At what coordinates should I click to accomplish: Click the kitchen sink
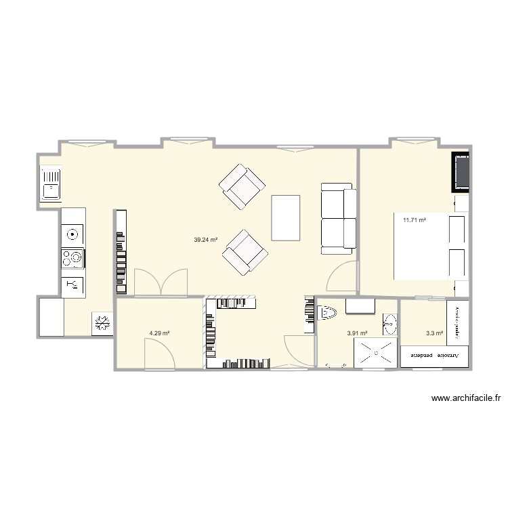click(x=51, y=184)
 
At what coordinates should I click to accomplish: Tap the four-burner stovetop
click(x=73, y=258)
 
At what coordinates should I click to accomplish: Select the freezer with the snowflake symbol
click(x=103, y=323)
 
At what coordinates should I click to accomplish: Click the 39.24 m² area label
click(x=205, y=239)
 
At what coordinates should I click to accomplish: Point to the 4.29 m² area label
click(x=159, y=333)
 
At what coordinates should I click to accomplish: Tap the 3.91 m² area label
click(x=357, y=333)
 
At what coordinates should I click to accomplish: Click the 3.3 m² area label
click(x=434, y=333)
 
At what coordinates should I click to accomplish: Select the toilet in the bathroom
click(x=327, y=314)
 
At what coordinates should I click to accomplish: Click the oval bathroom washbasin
click(x=389, y=324)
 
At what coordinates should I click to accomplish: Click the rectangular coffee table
click(x=285, y=217)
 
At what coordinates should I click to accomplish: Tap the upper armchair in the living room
click(x=241, y=185)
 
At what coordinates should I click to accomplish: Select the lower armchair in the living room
click(x=245, y=251)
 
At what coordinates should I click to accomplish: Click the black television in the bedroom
click(x=461, y=172)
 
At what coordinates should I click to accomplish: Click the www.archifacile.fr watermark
click(x=465, y=400)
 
